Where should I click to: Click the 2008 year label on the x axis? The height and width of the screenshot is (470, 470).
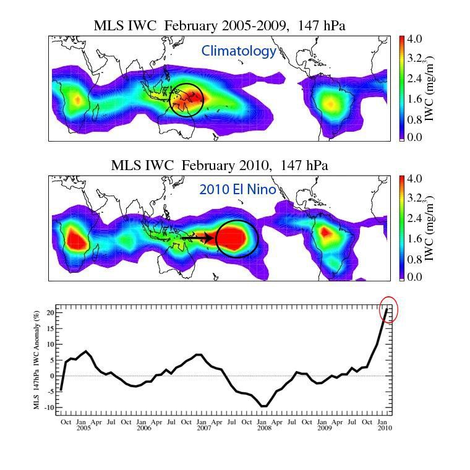coord(263,427)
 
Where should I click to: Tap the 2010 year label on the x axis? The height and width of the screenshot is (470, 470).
coord(383,427)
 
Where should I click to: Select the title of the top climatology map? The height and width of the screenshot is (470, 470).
coord(219,26)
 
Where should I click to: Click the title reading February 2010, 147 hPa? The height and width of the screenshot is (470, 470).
coord(219,166)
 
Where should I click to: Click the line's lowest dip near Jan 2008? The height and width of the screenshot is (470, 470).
coord(265,406)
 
